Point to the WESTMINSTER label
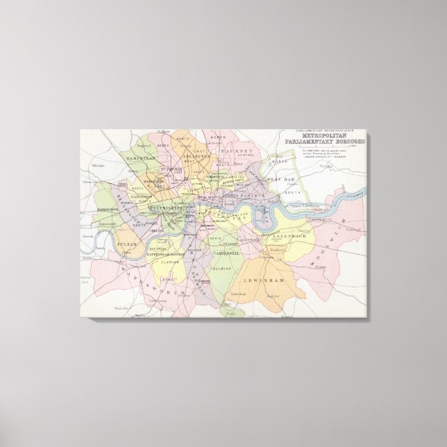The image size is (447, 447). pyautogui.click(x=165, y=208)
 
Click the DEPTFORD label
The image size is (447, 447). pyautogui.click(x=250, y=241)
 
